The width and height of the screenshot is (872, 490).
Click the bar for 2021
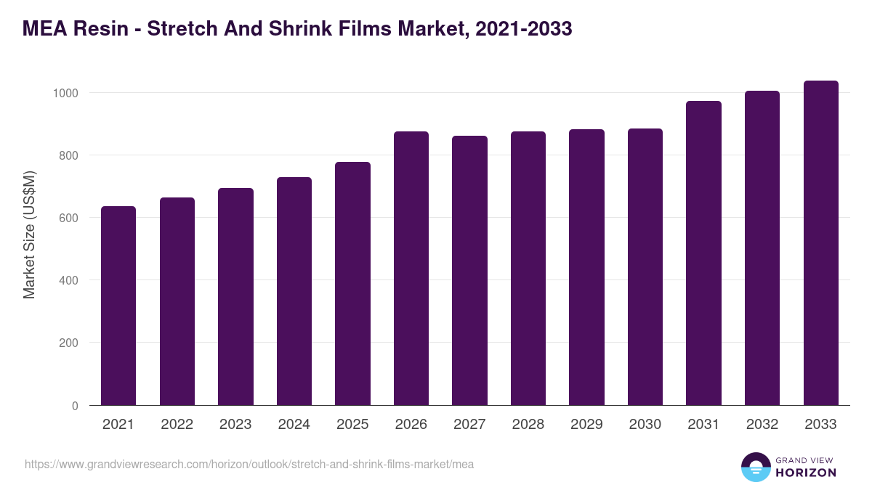(x=118, y=306)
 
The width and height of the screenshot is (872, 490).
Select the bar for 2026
(x=411, y=268)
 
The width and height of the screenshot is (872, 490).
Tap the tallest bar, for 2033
(x=821, y=242)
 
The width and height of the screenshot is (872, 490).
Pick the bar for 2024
(x=294, y=291)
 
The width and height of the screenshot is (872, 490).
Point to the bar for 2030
(x=645, y=266)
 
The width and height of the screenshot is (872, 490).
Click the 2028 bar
(x=528, y=268)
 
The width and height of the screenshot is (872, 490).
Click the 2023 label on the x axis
(x=235, y=425)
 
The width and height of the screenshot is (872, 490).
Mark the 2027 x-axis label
(x=469, y=425)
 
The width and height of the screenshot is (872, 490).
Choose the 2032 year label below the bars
(x=762, y=425)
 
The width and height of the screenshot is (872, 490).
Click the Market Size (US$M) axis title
(x=30, y=235)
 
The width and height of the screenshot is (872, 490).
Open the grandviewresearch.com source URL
(x=249, y=464)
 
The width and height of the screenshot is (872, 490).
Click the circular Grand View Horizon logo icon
(x=755, y=467)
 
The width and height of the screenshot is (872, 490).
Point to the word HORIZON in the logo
(x=805, y=473)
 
